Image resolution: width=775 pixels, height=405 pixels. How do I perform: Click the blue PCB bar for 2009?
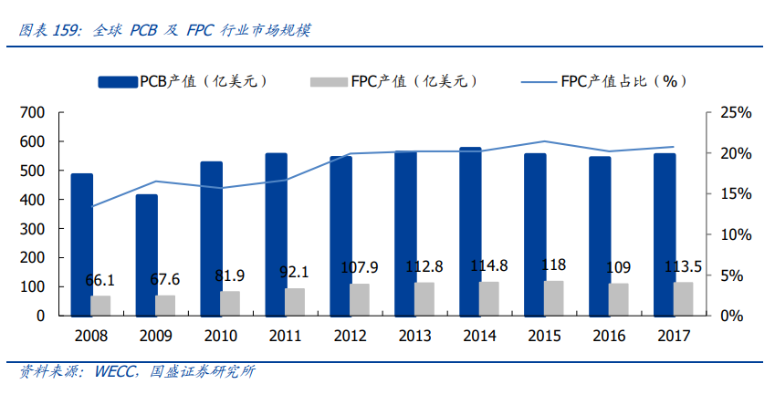pos(146,254)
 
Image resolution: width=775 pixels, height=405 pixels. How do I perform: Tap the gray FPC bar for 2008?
pos(100,306)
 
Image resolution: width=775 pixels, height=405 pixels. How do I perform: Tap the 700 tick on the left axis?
pos(31,113)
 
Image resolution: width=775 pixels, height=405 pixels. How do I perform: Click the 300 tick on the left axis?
pos(31,229)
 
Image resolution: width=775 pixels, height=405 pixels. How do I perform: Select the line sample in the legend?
pos(538,81)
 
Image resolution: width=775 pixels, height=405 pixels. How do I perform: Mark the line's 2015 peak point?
pos(544,141)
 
